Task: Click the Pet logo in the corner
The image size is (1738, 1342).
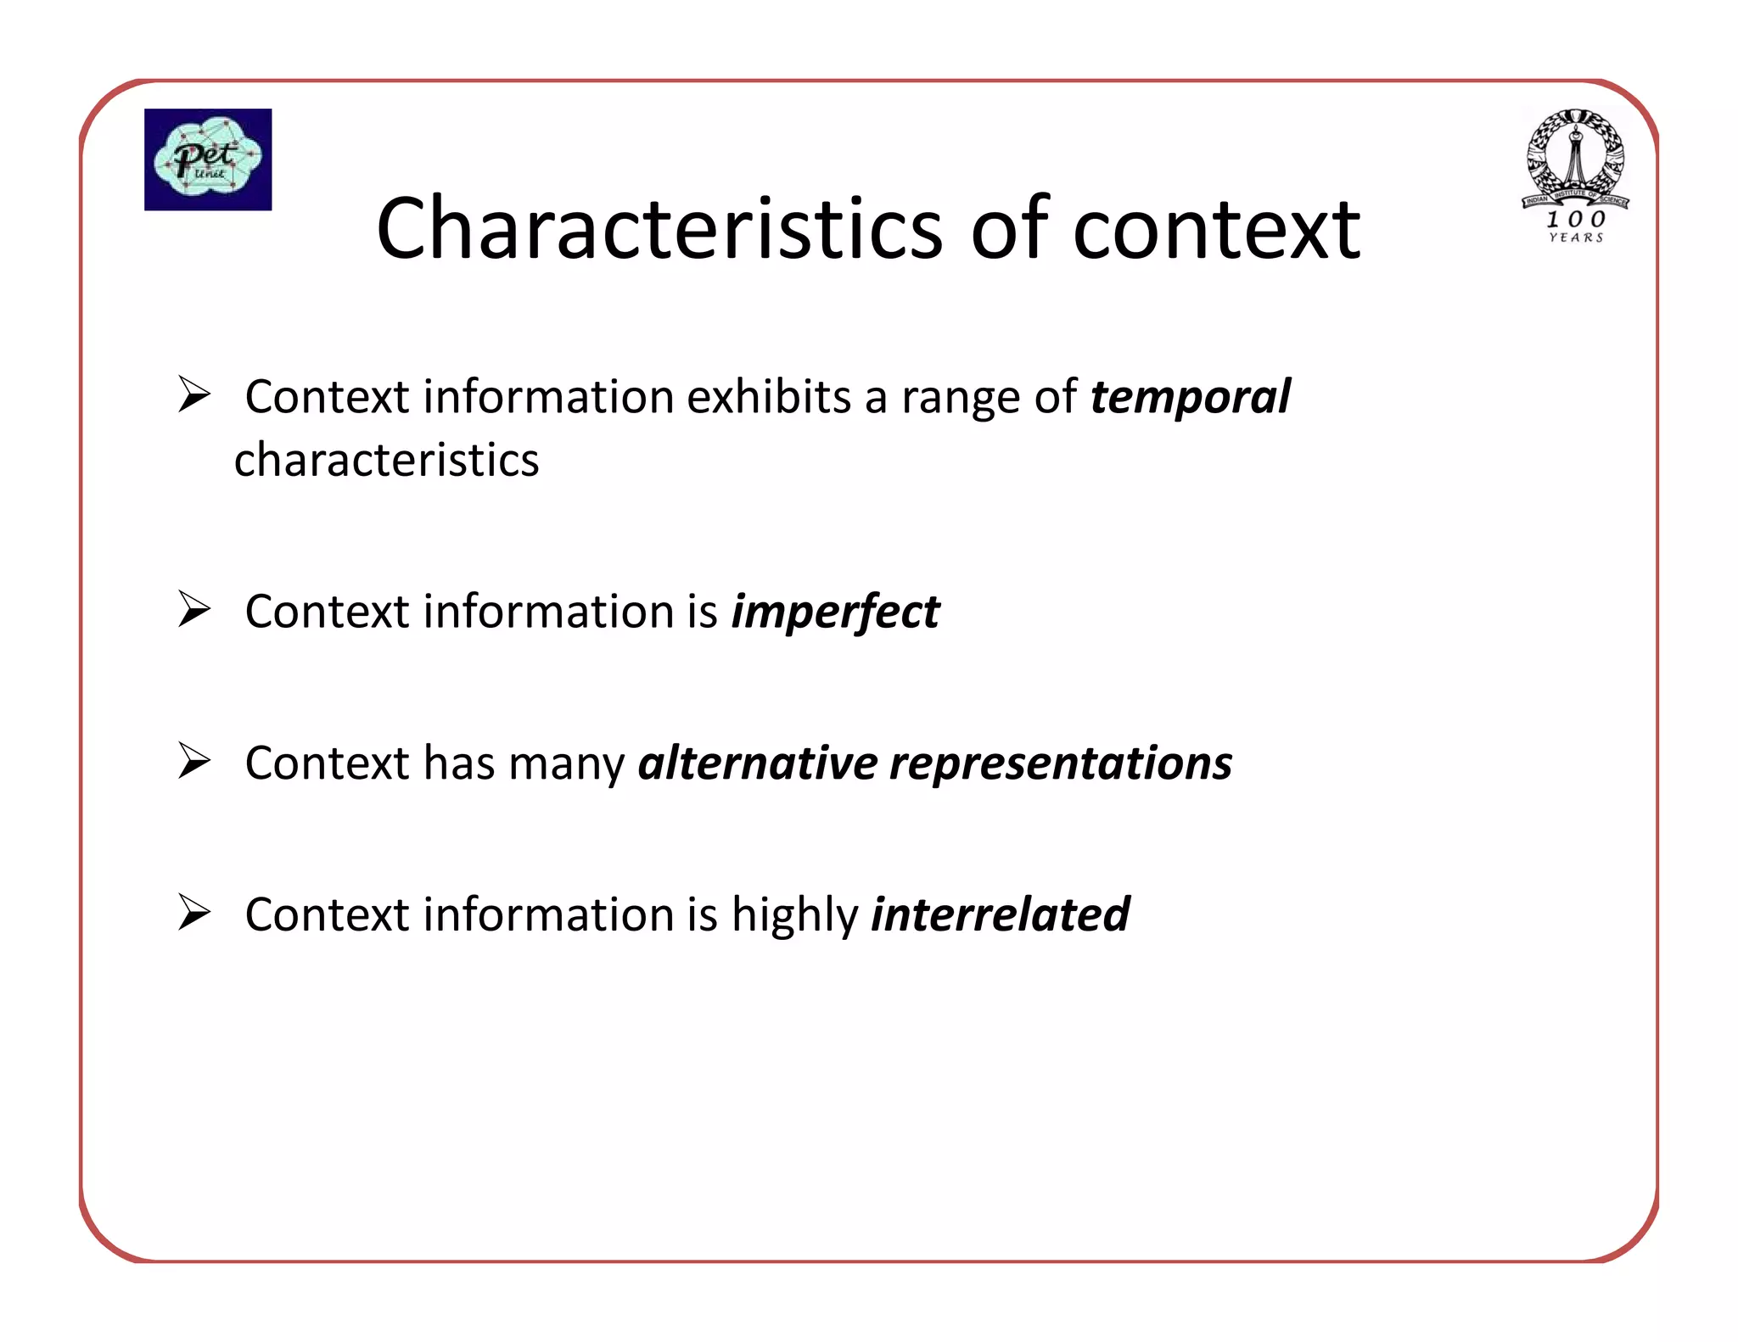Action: pyautogui.click(x=208, y=159)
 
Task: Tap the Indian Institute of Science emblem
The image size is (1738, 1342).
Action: pyautogui.click(x=1575, y=158)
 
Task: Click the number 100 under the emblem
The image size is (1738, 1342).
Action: pyautogui.click(x=1576, y=219)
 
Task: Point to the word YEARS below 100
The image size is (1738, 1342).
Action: pyautogui.click(x=1576, y=238)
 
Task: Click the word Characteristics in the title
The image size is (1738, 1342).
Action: pyautogui.click(x=659, y=229)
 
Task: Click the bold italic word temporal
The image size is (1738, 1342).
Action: pyautogui.click(x=1190, y=397)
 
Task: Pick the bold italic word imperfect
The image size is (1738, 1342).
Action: pyautogui.click(x=835, y=612)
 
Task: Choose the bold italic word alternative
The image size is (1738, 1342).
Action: pyautogui.click(x=758, y=763)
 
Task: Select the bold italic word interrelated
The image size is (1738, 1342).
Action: pyautogui.click(x=1001, y=914)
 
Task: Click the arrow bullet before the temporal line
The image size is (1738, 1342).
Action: pyautogui.click(x=194, y=394)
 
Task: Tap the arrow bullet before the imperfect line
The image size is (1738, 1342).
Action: pyautogui.click(x=194, y=609)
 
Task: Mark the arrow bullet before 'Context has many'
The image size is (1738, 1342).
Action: pyautogui.click(x=194, y=760)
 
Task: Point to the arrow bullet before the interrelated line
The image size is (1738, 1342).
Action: pyautogui.click(x=194, y=913)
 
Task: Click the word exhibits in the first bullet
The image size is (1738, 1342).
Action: pyautogui.click(x=768, y=397)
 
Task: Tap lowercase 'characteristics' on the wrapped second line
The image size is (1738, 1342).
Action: pyautogui.click(x=386, y=461)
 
